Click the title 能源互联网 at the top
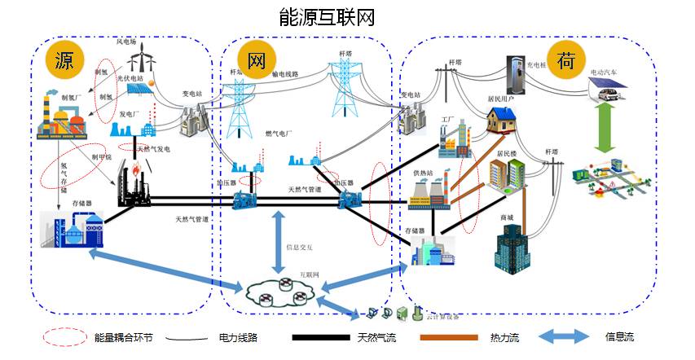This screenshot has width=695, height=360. tap(326, 17)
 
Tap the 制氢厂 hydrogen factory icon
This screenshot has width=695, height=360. tap(60, 121)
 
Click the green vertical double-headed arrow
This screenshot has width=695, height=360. tap(604, 126)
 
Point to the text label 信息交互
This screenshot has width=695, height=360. tap(298, 248)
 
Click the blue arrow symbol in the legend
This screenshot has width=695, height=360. tap(559, 336)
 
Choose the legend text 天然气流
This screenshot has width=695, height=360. tap(376, 336)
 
